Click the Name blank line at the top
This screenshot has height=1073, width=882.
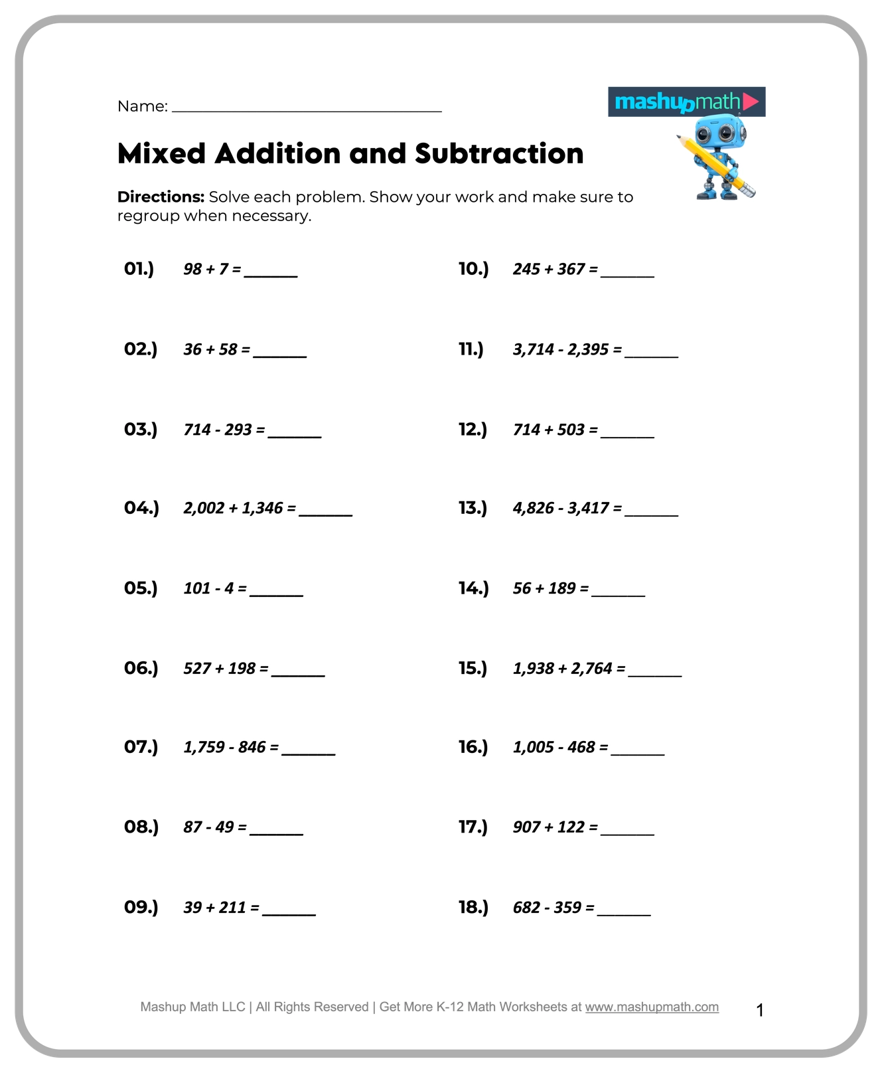(307, 110)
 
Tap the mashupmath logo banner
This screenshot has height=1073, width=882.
(686, 102)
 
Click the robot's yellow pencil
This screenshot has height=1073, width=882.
(716, 166)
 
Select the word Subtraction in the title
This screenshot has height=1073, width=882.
(499, 154)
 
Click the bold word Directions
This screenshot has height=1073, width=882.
(161, 197)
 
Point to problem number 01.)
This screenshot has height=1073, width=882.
(139, 269)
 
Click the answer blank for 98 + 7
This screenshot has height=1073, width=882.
(271, 274)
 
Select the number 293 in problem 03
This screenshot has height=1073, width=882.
(238, 430)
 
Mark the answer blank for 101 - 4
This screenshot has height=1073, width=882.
(276, 594)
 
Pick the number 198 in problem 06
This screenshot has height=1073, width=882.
(242, 669)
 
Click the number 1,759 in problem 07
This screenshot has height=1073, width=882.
(204, 748)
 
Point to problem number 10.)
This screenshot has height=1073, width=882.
(473, 269)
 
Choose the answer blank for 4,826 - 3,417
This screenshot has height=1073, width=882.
(651, 514)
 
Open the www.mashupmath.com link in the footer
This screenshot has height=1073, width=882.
(652, 1007)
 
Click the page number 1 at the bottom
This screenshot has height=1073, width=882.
(760, 1011)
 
